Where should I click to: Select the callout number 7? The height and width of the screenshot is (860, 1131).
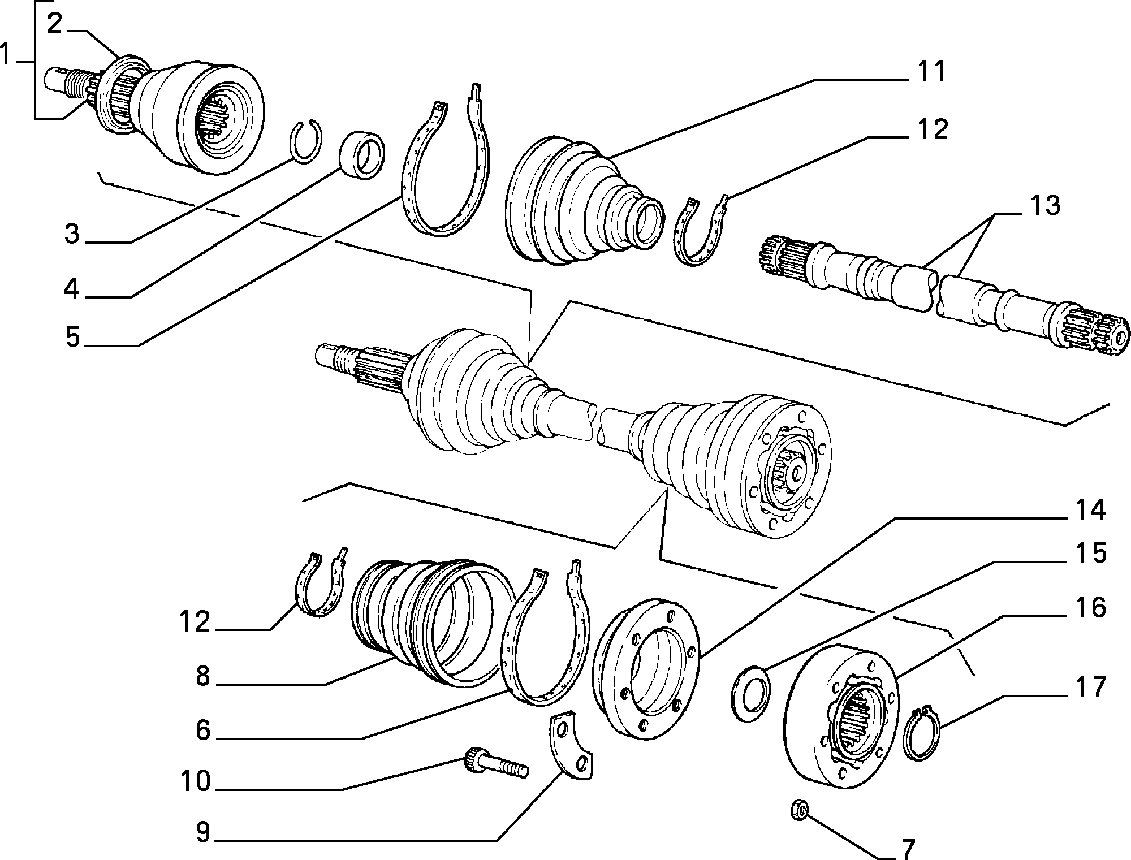908,848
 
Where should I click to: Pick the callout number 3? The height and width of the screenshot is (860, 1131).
72,234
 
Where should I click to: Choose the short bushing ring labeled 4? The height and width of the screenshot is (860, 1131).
362,154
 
